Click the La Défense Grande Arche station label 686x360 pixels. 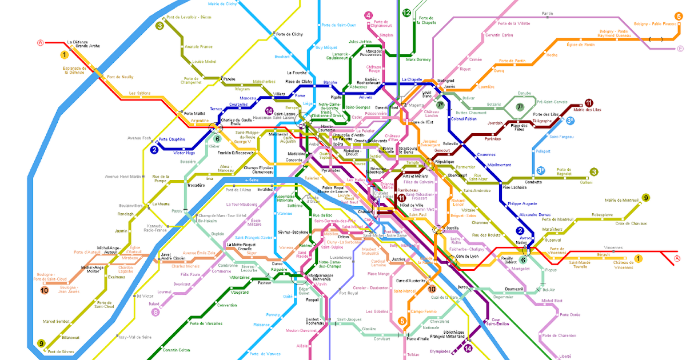tap(83, 44)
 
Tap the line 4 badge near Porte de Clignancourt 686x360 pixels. tap(368, 15)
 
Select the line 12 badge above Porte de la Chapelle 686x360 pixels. tap(406, 13)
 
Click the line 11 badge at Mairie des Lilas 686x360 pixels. tap(588, 103)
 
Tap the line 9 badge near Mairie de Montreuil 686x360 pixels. tap(645, 198)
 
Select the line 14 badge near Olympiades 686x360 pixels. tap(468, 348)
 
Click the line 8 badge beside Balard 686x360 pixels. tap(155, 312)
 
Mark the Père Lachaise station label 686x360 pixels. tap(514, 187)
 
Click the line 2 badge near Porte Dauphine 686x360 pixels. tap(154, 150)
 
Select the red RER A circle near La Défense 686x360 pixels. tap(40, 42)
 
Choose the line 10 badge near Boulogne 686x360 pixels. tap(45, 290)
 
